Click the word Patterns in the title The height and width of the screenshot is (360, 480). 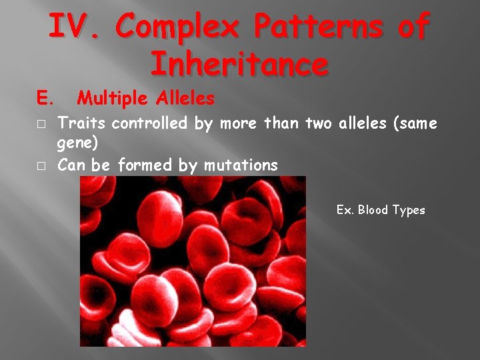321,29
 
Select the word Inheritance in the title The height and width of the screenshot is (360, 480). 239,64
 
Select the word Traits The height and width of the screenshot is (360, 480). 82,123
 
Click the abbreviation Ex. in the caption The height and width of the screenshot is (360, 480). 345,210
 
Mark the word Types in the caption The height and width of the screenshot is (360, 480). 409,210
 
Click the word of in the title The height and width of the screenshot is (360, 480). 413,29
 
